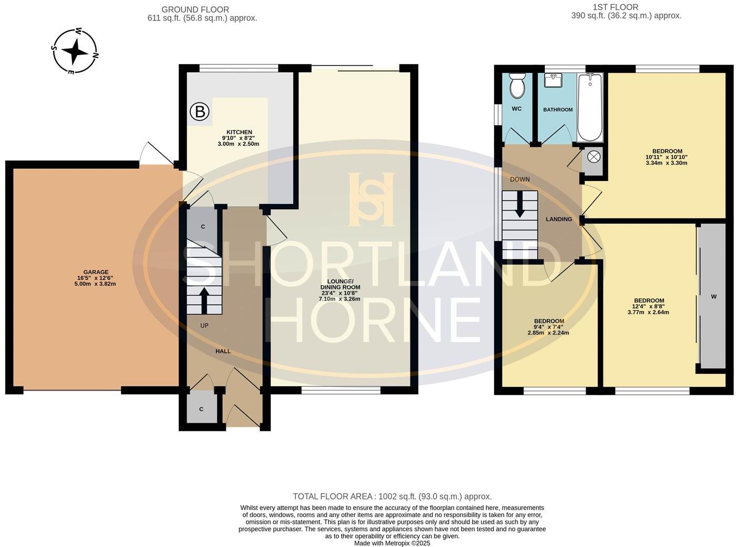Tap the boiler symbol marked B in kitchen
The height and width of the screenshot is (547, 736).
click(199, 112)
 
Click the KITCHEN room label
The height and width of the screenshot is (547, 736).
click(239, 132)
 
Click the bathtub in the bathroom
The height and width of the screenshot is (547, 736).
click(590, 108)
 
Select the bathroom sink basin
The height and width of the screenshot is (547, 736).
click(553, 80)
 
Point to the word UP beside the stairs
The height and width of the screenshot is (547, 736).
click(204, 326)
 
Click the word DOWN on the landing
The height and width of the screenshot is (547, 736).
click(519, 179)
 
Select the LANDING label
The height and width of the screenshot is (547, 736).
click(558, 219)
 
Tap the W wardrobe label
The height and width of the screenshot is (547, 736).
click(713, 297)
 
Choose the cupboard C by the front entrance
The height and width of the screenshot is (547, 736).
click(201, 409)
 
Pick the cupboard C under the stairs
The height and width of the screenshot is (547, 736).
click(203, 227)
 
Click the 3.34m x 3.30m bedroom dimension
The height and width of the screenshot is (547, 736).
click(666, 163)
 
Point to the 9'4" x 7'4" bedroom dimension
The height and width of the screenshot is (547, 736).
click(549, 327)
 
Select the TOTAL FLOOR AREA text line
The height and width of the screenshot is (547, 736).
click(392, 497)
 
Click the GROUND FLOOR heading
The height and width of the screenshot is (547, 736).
click(195, 9)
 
